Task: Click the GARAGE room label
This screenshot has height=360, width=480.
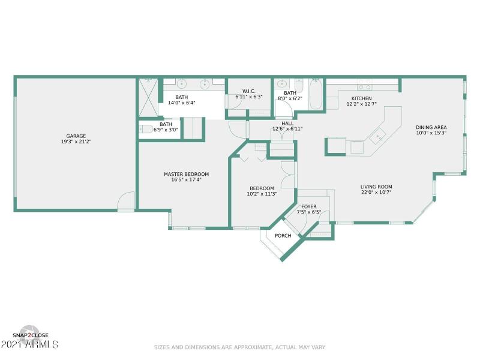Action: (x=75, y=136)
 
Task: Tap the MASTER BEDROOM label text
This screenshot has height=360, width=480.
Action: (x=187, y=174)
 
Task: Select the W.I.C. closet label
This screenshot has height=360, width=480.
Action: (x=249, y=91)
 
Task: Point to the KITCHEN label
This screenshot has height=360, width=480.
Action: (x=361, y=98)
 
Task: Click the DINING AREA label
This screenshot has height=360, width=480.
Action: (x=431, y=127)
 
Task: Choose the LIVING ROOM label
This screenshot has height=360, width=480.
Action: (x=376, y=187)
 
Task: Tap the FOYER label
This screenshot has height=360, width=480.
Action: (x=309, y=206)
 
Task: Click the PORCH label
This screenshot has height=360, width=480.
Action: (x=283, y=236)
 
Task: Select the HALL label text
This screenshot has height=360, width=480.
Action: (x=287, y=123)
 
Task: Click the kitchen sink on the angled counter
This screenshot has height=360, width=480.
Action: (x=378, y=137)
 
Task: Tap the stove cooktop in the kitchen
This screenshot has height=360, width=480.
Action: (x=364, y=85)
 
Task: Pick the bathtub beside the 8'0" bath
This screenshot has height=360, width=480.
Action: (x=316, y=94)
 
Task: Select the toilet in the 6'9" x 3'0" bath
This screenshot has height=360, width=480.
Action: (x=146, y=128)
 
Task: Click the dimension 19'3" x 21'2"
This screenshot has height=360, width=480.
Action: (x=75, y=142)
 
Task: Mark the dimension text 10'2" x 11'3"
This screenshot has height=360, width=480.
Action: (x=262, y=194)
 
